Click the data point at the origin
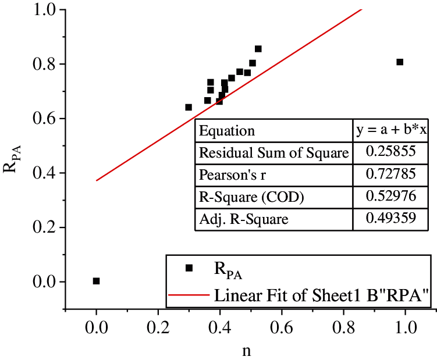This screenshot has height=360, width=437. (x=97, y=281)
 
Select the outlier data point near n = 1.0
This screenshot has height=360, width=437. (x=400, y=62)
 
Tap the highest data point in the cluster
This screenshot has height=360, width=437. (x=258, y=49)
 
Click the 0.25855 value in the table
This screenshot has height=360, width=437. (x=391, y=152)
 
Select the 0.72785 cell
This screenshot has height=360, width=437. (x=391, y=175)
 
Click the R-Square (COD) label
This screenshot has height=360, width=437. (x=243, y=197)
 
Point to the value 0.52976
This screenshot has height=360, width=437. (x=391, y=197)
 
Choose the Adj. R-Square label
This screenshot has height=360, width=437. (x=235, y=219)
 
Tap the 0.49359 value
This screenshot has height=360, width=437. (x=391, y=219)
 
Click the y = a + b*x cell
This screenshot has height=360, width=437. (x=391, y=130)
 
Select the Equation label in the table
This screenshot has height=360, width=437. (x=227, y=131)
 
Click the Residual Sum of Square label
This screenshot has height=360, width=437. (x=273, y=153)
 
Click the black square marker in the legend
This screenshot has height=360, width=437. (x=189, y=268)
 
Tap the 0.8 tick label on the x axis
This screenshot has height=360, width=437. (x=343, y=325)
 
